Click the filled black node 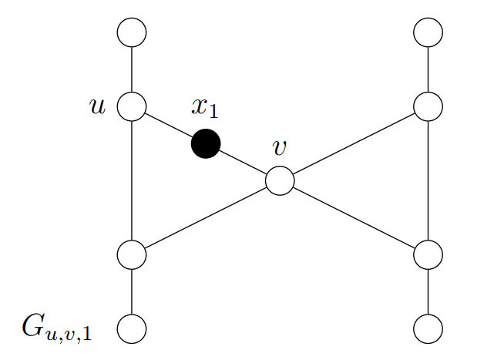tap(206, 143)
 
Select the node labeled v tap(280, 181)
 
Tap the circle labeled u tap(132, 106)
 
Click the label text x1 tap(205, 109)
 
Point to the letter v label tap(280, 148)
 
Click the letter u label tap(97, 106)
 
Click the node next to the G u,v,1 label tap(132, 328)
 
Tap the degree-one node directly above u tap(132, 33)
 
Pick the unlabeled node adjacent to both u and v tap(132, 254)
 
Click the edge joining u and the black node tap(169, 125)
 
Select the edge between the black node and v tap(243, 162)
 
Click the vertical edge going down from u tap(132, 180)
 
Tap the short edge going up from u tap(132, 69)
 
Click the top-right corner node tap(428, 33)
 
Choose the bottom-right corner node tap(428, 328)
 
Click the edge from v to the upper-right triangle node tap(354, 143)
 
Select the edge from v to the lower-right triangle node tap(354, 217)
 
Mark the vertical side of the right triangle tap(428, 180)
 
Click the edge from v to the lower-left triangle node tap(206, 217)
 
